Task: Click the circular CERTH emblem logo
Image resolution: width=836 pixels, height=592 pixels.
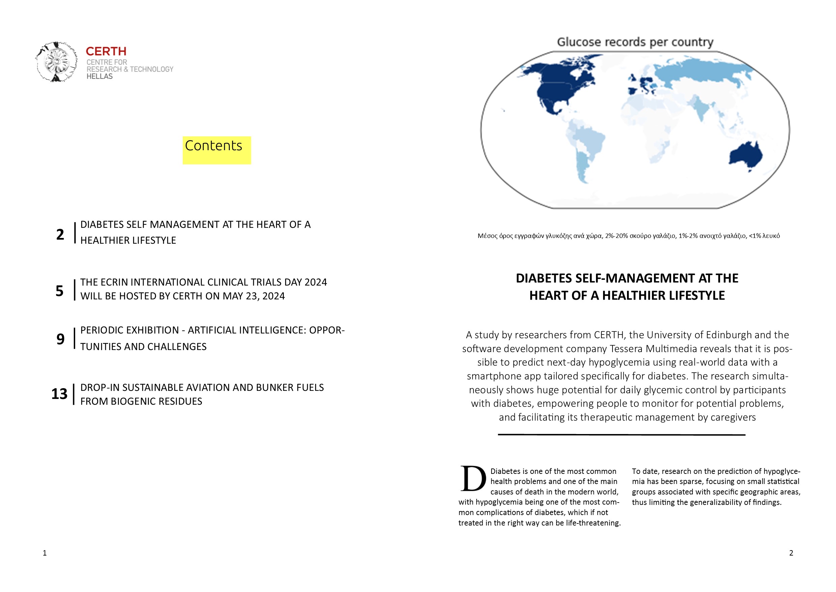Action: pos(56,62)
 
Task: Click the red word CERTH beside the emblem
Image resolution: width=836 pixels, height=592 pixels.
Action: pos(106,51)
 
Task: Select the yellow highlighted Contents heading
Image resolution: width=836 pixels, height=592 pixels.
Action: pos(217,150)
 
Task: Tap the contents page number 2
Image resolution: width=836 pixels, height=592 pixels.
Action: pos(60,234)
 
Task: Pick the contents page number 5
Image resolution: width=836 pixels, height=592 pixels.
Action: pos(60,291)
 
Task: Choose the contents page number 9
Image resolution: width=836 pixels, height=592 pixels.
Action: pos(60,339)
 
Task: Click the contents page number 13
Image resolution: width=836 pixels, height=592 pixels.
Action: pos(59,394)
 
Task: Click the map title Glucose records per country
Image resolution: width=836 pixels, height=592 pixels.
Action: pos(635,42)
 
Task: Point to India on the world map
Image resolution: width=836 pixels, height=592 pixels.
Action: pos(699,106)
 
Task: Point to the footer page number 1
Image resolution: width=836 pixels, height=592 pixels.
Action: pos(45,553)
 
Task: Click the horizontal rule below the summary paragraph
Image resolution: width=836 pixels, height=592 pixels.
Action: pos(621,434)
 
